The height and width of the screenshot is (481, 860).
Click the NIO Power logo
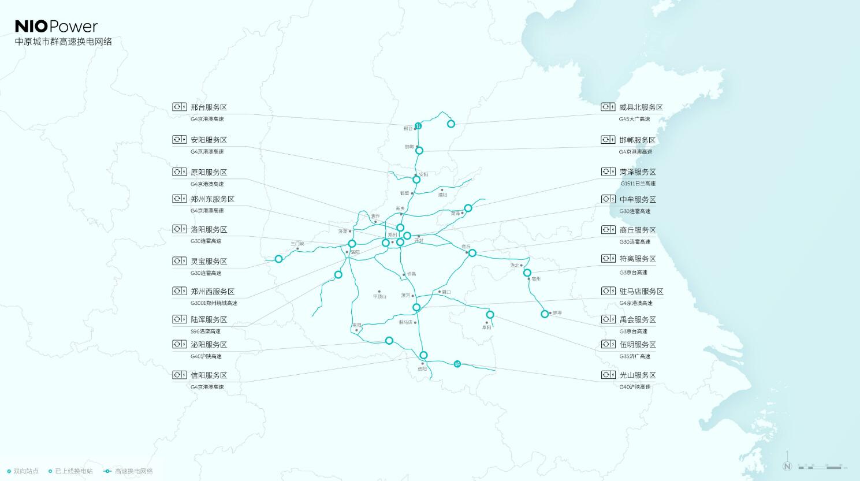pyautogui.click(x=56, y=26)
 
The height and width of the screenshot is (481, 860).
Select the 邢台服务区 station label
pyautogui.click(x=209, y=107)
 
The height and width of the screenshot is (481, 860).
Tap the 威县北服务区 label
pyautogui.click(x=641, y=107)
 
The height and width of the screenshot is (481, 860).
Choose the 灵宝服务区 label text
pyautogui.click(x=209, y=262)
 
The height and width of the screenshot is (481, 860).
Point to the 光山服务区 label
pyautogui.click(x=638, y=375)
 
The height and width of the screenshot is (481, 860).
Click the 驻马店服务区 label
pyautogui.click(x=641, y=292)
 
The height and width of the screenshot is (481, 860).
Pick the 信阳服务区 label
pyautogui.click(x=209, y=375)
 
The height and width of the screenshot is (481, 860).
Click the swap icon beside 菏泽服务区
pyautogui.click(x=608, y=171)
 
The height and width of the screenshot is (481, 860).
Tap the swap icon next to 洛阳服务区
pyautogui.click(x=179, y=229)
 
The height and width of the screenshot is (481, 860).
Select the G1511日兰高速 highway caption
pyautogui.click(x=638, y=184)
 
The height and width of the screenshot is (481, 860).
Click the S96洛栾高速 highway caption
pyautogui.click(x=206, y=331)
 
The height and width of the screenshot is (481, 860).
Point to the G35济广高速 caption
pyautogui.click(x=635, y=356)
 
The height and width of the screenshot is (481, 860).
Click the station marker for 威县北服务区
pyautogui.click(x=451, y=124)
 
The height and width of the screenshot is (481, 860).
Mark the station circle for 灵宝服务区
pyautogui.click(x=278, y=259)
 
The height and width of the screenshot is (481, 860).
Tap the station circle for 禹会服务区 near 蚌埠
pyautogui.click(x=544, y=314)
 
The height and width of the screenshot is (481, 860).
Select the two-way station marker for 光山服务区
pyautogui.click(x=457, y=364)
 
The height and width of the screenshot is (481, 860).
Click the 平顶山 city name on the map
pyautogui.click(x=379, y=296)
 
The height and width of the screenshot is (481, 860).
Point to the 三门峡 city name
pyautogui.click(x=297, y=244)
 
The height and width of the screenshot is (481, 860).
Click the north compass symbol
pyautogui.click(x=787, y=466)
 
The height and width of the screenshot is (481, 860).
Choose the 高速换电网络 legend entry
pyautogui.click(x=133, y=471)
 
